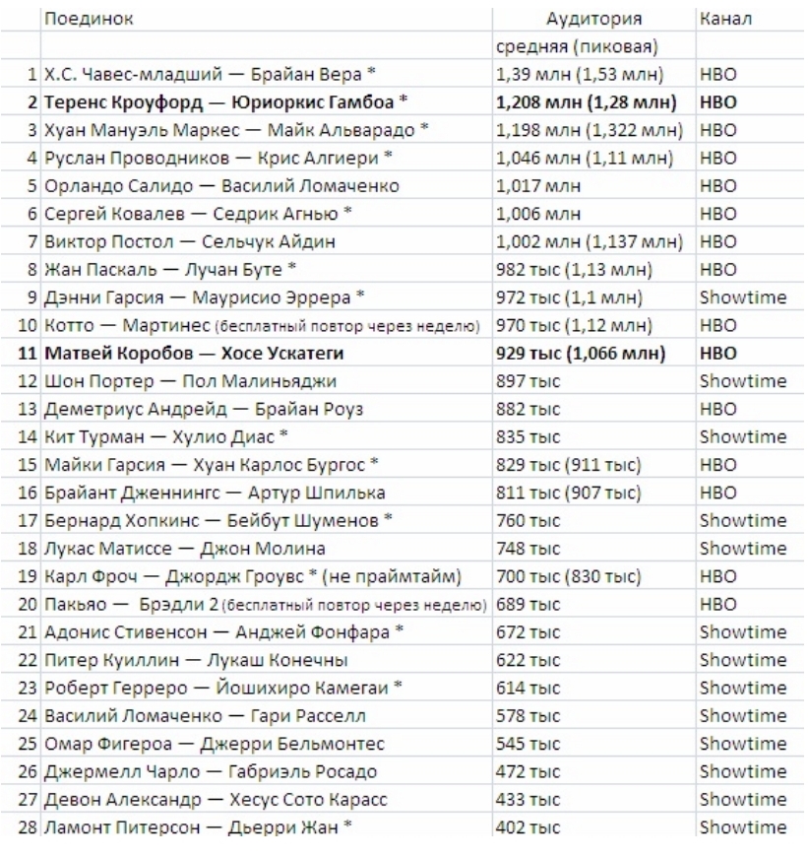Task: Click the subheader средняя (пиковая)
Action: point(578,46)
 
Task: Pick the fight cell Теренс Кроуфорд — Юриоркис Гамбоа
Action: point(225,101)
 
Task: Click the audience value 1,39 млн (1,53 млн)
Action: point(580,74)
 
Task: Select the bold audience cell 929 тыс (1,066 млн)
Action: point(585,353)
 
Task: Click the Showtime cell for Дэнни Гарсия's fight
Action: point(742,297)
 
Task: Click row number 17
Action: point(30,520)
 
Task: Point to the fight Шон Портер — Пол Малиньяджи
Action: point(191,381)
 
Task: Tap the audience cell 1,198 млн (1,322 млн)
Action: point(588,129)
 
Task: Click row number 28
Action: point(30,827)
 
